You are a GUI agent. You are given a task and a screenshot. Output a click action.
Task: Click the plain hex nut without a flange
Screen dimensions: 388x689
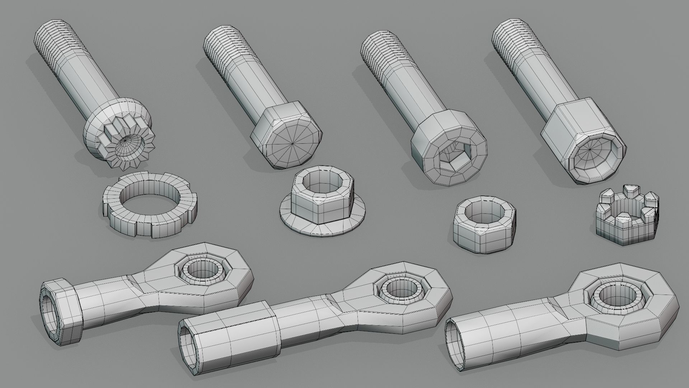[483, 230]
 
